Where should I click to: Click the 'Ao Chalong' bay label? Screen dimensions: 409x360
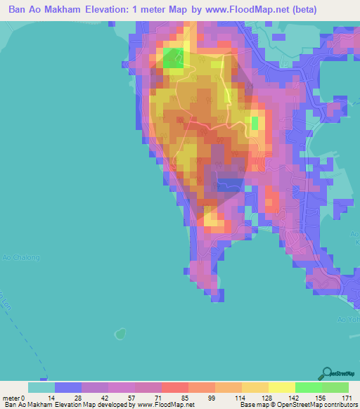pyautogui.click(x=18, y=256)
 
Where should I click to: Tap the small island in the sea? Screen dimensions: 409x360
pyautogui.click(x=120, y=331)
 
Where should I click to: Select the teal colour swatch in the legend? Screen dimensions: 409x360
pyautogui.click(x=41, y=387)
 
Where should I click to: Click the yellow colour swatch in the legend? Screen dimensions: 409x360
pyautogui.click(x=281, y=387)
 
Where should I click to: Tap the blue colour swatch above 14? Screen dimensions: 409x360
pyautogui.click(x=67, y=387)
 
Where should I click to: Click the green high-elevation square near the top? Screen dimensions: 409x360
pyautogui.click(x=173, y=58)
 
